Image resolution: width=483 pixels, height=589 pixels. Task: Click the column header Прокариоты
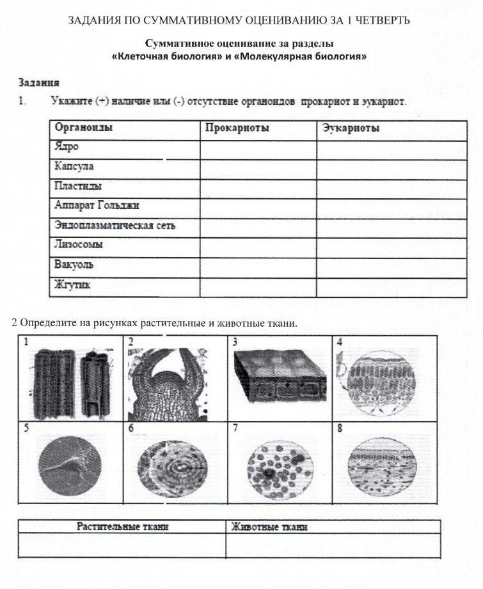(x=237, y=128)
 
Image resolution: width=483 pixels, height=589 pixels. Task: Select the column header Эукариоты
(x=351, y=128)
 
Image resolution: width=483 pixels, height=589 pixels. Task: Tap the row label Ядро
(x=67, y=146)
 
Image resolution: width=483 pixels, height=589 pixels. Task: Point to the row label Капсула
(x=74, y=166)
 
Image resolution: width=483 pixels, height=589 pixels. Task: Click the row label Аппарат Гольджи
(x=97, y=205)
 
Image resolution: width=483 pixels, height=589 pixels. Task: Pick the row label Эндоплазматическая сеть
(x=115, y=225)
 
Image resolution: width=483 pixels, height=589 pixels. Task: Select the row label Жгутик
(x=72, y=285)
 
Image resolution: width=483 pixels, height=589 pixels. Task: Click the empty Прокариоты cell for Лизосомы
(x=258, y=245)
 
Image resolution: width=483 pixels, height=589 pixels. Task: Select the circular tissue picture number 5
(x=70, y=466)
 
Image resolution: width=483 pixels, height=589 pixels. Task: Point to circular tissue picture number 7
(x=280, y=466)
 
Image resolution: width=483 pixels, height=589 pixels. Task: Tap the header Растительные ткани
(x=123, y=527)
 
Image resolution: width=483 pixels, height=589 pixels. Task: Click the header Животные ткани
(x=269, y=527)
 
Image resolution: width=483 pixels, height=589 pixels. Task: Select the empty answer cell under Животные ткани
(x=333, y=546)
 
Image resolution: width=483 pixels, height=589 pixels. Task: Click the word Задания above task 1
(x=39, y=82)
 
